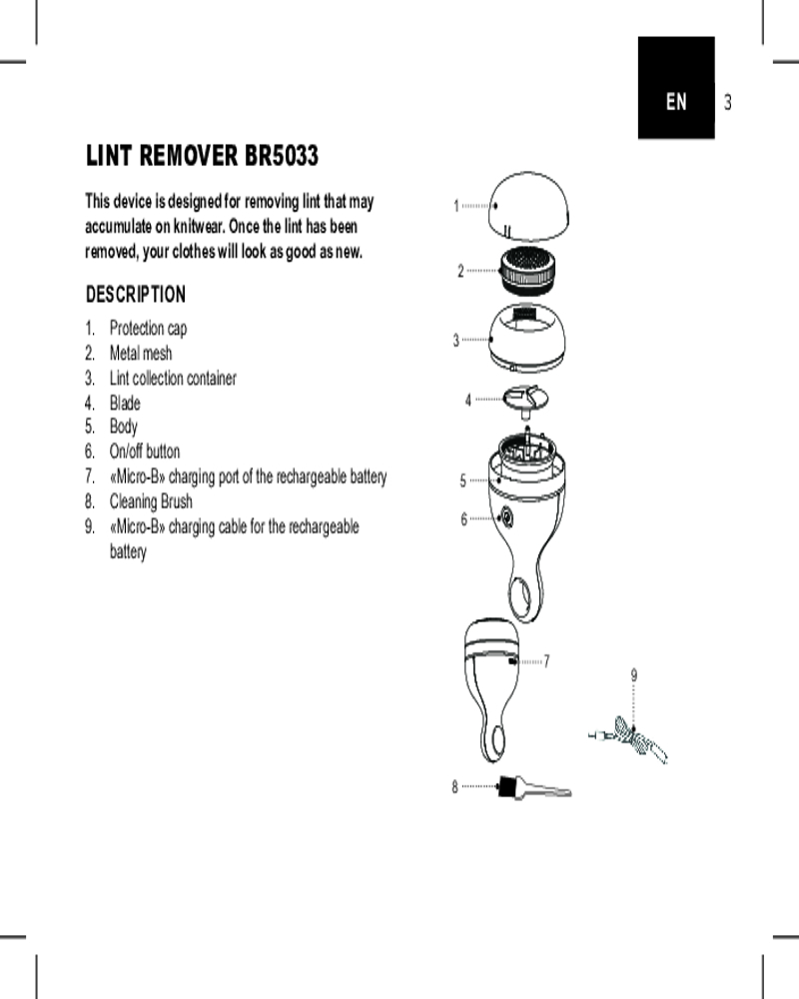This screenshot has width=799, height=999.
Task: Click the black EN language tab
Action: pos(676,101)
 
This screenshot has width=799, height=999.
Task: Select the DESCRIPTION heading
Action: pos(136,295)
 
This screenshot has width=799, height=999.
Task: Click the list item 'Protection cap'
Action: pos(148,329)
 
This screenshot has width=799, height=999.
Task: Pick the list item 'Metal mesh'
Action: pos(141,354)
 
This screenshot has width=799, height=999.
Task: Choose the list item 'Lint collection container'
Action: pos(173,379)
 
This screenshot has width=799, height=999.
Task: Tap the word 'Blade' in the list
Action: pos(125,404)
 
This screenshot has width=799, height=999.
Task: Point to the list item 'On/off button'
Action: pos(145,452)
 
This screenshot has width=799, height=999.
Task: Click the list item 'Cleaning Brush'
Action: pos(151,501)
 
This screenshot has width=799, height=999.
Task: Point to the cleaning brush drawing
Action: pos(534,788)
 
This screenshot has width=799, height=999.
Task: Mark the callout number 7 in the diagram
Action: pos(547,661)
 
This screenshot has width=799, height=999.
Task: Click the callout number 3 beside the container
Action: pos(456,341)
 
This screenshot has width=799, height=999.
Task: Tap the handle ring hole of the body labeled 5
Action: pos(522,597)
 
